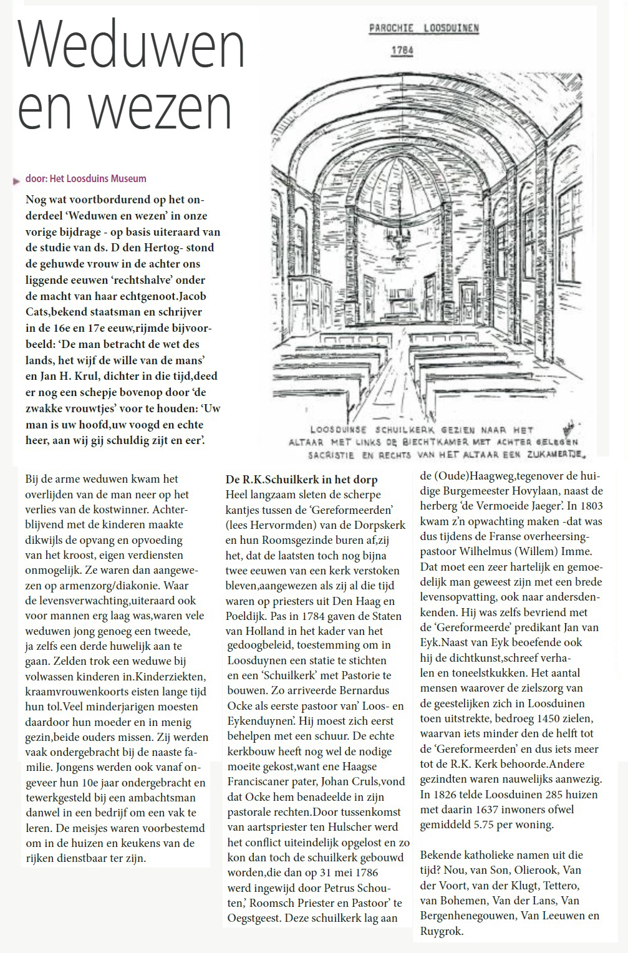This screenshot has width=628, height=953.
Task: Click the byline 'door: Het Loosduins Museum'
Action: [x=86, y=178]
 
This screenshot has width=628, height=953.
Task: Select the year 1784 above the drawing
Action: [x=402, y=50]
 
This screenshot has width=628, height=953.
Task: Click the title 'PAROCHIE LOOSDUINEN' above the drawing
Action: [x=423, y=29]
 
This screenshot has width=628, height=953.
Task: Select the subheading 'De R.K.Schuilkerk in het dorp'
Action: [x=301, y=480]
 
